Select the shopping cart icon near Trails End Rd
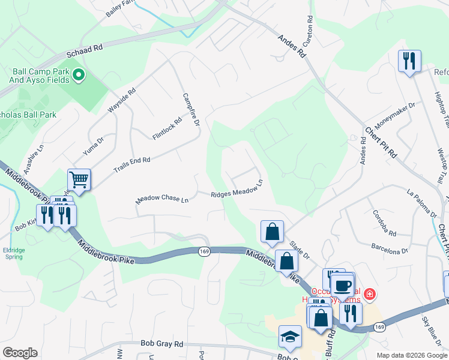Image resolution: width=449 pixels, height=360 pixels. [x=79, y=179]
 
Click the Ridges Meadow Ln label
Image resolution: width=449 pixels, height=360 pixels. [x=237, y=190]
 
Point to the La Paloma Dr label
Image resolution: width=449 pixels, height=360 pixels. [x=421, y=203]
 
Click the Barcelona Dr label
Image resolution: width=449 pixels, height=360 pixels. [x=389, y=248]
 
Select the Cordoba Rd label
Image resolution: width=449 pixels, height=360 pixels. [x=384, y=223]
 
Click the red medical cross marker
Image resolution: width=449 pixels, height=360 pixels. [x=370, y=294]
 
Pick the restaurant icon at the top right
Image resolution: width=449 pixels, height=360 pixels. [x=409, y=61]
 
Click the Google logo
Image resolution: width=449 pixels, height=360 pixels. [x=19, y=353]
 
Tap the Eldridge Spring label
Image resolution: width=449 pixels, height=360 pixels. [x=13, y=253]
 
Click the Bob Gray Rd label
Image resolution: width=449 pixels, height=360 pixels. [x=161, y=344]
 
